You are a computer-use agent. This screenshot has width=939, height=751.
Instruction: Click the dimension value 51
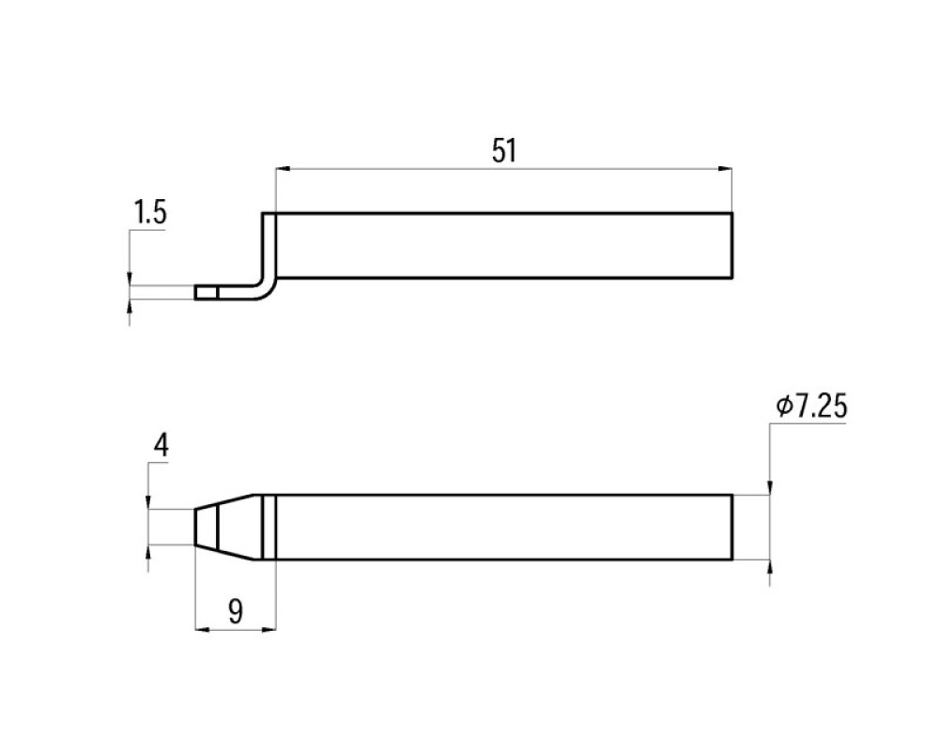[503, 150]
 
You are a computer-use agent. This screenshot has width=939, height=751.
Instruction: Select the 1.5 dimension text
[149, 213]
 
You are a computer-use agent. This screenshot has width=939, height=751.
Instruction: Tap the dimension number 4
[162, 446]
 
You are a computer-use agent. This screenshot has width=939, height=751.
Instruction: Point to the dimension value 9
[236, 612]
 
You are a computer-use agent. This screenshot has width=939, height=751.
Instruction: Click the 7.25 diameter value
[820, 406]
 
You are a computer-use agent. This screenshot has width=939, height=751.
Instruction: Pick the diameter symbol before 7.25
[784, 406]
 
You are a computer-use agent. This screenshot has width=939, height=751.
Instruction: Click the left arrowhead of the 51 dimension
[283, 170]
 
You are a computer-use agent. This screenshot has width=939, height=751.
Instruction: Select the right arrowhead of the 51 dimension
[725, 170]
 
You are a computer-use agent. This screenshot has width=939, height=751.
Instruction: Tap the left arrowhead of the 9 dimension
[203, 629]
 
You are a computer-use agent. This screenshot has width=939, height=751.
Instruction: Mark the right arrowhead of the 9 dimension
[269, 629]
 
